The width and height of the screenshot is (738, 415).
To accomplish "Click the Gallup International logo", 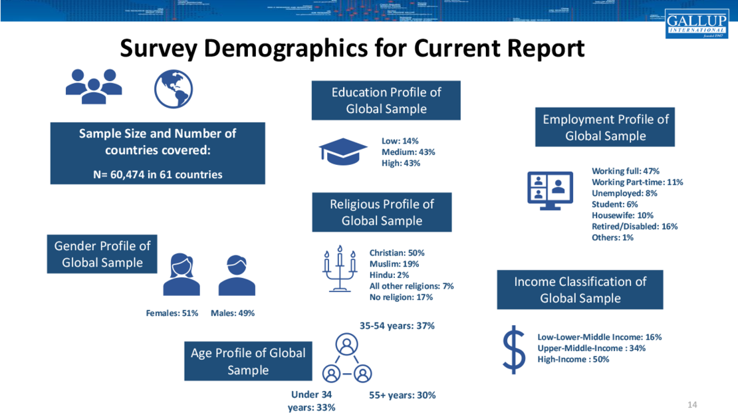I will pyautogui.click(x=696, y=24).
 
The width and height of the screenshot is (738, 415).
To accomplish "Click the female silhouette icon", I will pyautogui.click(x=181, y=274).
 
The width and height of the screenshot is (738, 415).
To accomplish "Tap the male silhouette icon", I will pyautogui.click(x=237, y=274).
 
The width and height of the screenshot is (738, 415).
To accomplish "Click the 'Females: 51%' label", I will pyautogui.click(x=172, y=313).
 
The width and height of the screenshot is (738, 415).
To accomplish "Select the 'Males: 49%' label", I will pyautogui.click(x=233, y=313).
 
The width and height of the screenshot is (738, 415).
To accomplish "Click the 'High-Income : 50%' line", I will pyautogui.click(x=573, y=360).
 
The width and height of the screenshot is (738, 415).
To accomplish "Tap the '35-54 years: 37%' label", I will pyautogui.click(x=397, y=326).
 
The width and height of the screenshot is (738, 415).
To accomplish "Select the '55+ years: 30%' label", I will pyautogui.click(x=402, y=395).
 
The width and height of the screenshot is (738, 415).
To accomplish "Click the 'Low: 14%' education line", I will pyautogui.click(x=400, y=141).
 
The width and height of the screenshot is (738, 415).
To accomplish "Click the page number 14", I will pyautogui.click(x=692, y=404).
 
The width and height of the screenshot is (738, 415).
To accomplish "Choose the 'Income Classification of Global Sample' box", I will pyautogui.click(x=580, y=290).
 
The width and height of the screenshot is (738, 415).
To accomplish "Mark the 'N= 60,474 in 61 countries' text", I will pyautogui.click(x=158, y=175).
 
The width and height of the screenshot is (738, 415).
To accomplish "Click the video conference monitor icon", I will pyautogui.click(x=550, y=190).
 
